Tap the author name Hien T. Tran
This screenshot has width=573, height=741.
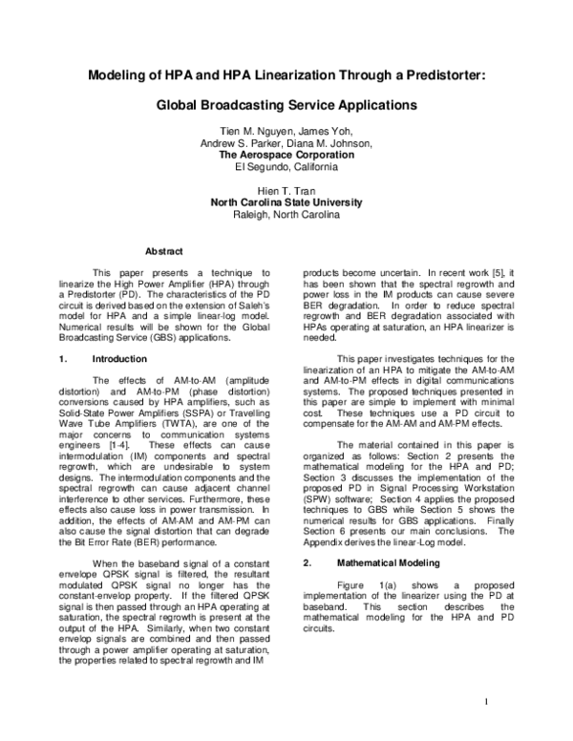point(286,190)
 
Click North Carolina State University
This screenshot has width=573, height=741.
point(286,202)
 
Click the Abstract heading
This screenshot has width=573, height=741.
point(162,252)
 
